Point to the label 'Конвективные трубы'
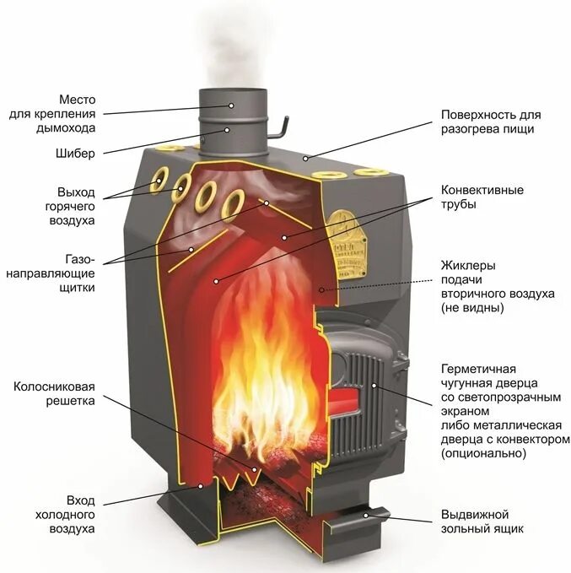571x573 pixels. [x=482, y=197]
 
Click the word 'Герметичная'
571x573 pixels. [x=477, y=369]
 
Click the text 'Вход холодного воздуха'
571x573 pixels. [x=64, y=515]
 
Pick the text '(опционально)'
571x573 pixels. [x=483, y=454]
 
